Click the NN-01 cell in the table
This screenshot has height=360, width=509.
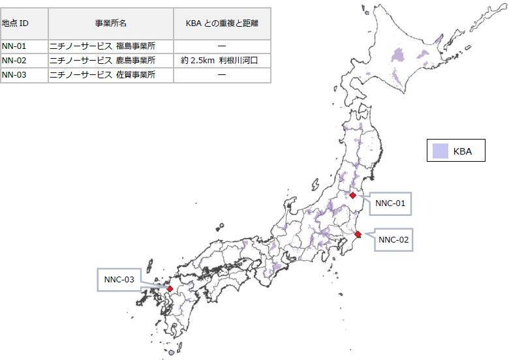click(x=14, y=46)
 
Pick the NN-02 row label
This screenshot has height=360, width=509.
click(x=14, y=61)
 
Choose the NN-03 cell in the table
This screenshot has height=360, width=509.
click(x=14, y=75)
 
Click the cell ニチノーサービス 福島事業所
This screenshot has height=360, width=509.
click(x=103, y=46)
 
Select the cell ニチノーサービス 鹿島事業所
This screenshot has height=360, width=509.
click(x=103, y=61)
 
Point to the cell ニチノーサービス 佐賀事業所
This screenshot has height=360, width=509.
click(x=103, y=75)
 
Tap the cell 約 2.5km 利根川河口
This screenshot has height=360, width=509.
click(x=221, y=61)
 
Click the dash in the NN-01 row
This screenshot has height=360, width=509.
click(x=222, y=46)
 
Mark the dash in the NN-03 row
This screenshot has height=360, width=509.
click(x=222, y=75)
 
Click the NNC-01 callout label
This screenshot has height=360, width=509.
click(x=391, y=203)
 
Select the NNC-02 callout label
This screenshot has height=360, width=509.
click(x=394, y=240)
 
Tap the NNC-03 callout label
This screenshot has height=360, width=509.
click(x=119, y=280)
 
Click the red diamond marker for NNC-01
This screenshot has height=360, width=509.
click(x=352, y=195)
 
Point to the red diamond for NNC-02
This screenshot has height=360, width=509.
click(x=358, y=234)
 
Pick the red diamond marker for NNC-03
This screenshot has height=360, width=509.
click(x=170, y=288)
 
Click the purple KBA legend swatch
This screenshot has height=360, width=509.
click(x=440, y=151)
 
